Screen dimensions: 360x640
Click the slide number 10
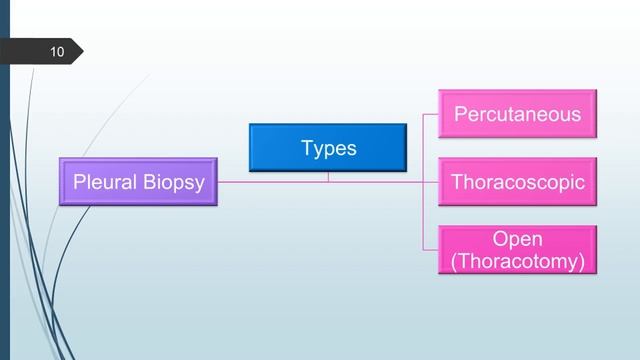56,51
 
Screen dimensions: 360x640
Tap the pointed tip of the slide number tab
82,51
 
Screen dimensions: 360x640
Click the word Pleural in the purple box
105,183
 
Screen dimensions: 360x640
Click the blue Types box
328,148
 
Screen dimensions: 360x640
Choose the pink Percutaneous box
517,114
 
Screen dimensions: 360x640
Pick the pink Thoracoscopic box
517,183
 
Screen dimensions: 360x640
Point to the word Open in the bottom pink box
517,239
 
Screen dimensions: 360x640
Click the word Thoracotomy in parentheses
517,261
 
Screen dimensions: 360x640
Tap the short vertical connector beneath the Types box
328,177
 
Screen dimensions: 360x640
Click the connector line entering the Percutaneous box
431,114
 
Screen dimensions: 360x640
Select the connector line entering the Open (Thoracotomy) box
431,251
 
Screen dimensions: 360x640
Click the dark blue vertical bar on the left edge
4,200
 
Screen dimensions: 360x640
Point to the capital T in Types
307,148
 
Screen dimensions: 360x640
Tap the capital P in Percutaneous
461,114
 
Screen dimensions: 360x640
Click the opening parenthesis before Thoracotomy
454,262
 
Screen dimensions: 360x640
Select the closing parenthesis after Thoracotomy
581,262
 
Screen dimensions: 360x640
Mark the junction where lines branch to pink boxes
423,183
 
